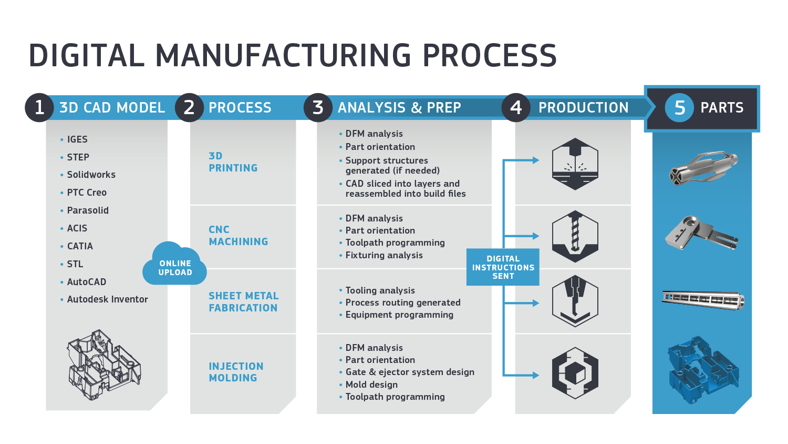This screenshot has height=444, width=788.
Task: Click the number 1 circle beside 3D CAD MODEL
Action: coord(39,107)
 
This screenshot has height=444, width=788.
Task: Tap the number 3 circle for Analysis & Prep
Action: coord(318,107)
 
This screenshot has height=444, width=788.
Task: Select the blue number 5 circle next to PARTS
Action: coord(679,107)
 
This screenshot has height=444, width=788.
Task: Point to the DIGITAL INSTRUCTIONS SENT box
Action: coord(503,267)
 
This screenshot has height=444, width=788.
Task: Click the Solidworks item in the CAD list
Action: coord(91,175)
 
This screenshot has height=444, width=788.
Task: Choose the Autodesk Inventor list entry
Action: coord(107,299)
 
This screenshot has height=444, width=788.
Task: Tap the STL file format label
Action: coord(75,264)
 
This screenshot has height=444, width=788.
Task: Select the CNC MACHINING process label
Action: coord(238,236)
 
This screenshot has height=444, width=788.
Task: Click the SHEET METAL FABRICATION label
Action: coord(243,302)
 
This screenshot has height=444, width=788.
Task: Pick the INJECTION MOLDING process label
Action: coord(236,372)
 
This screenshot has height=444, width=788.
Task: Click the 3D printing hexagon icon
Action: coord(575,164)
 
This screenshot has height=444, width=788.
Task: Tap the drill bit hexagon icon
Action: coord(575,236)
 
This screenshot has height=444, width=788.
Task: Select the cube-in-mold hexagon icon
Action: coord(575,373)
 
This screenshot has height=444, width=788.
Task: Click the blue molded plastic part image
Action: coord(703,369)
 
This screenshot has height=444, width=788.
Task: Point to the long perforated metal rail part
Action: coord(703,299)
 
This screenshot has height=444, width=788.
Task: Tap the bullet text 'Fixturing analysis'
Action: coord(383,255)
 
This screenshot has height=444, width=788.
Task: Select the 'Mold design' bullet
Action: coord(371,385)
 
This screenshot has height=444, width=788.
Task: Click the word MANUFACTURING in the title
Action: coord(283,56)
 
